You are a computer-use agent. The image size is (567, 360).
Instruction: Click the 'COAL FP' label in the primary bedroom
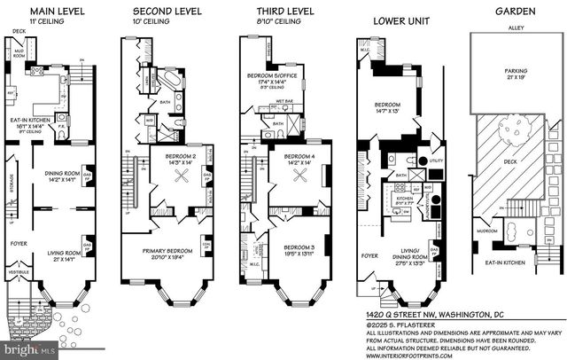[x=207, y=247]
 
